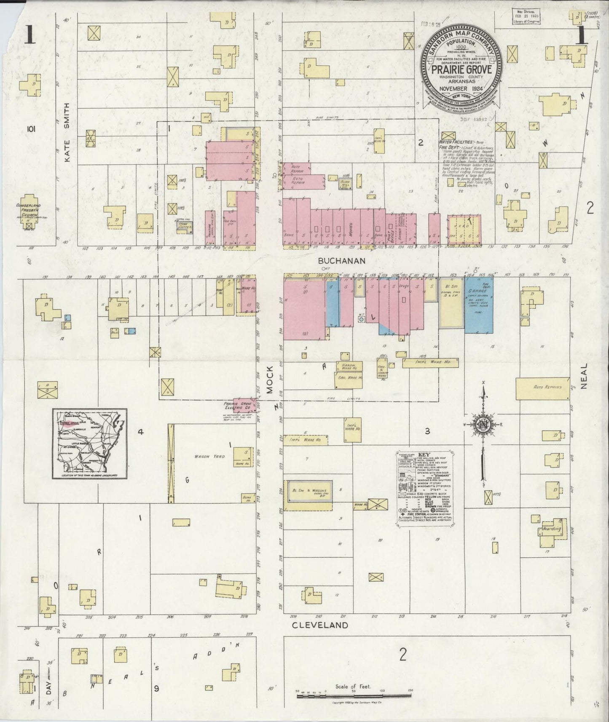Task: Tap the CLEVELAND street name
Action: (x=320, y=625)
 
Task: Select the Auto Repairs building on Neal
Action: (x=543, y=388)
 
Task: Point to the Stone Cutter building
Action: (x=184, y=227)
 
